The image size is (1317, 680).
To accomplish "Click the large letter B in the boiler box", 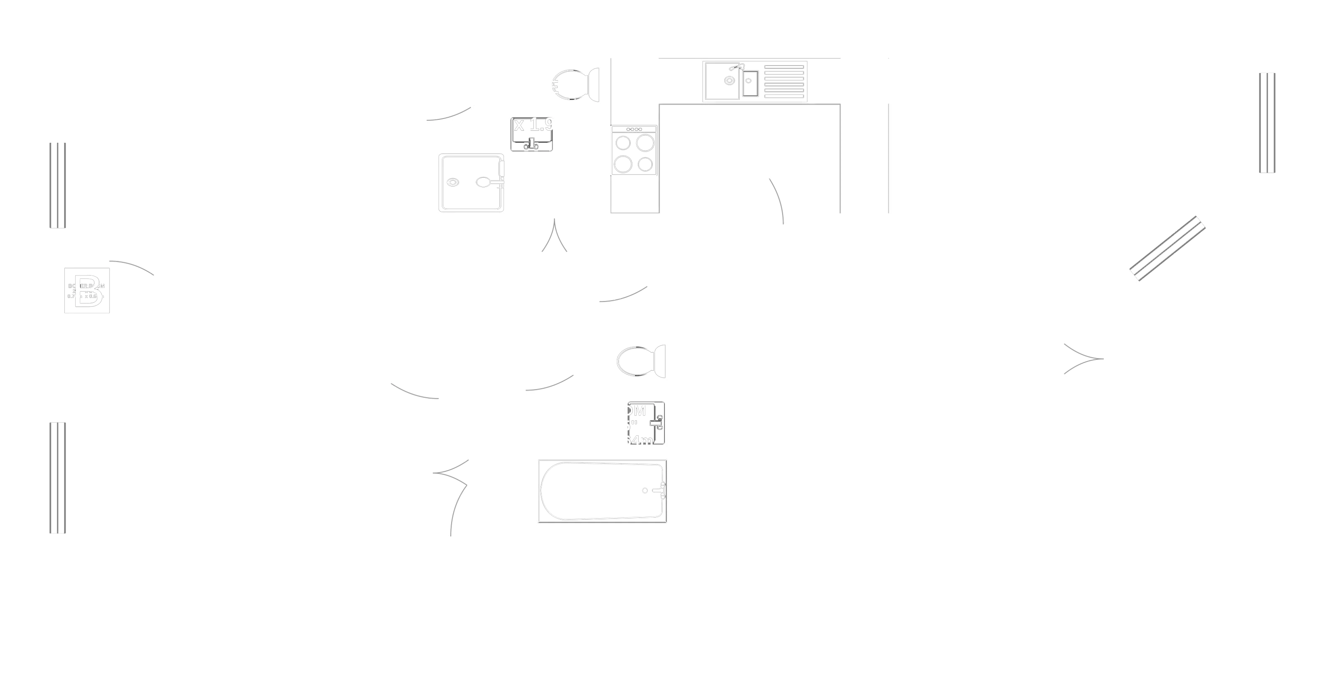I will point(87,290).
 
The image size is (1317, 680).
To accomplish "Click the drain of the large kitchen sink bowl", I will point(729,80).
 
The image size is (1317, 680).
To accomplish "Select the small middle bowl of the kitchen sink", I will point(749,82).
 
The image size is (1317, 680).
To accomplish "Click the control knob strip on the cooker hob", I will point(634,129).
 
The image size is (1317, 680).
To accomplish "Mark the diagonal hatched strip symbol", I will point(1167,249).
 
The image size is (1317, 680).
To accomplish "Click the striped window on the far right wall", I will point(1266,123).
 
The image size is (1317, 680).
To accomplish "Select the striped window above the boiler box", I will point(57,185).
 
